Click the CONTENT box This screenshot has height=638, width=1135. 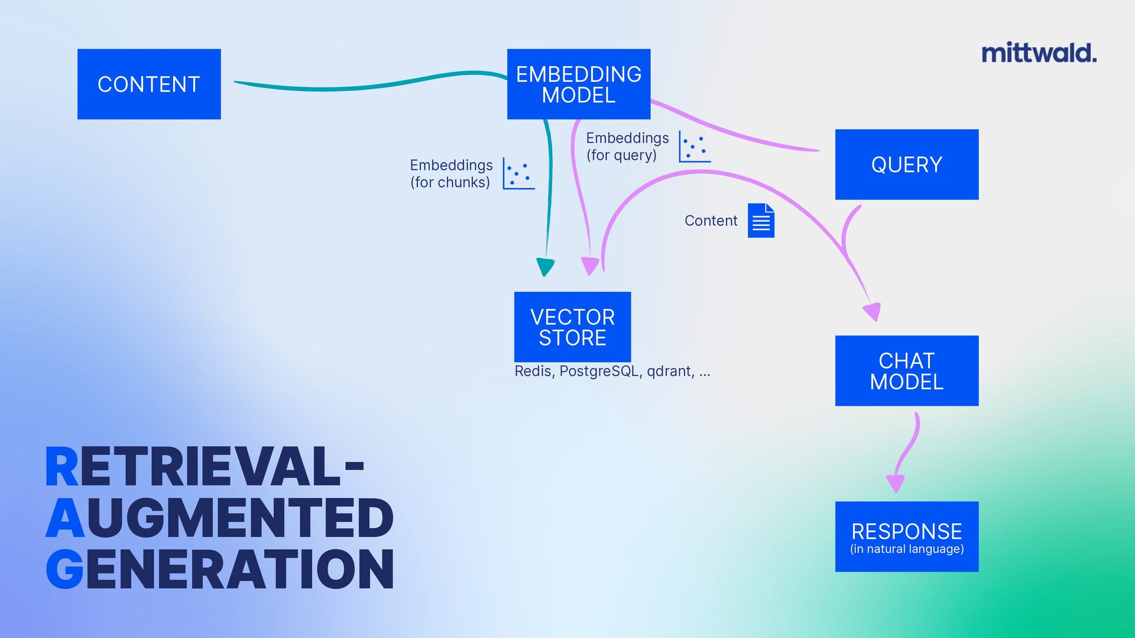coord(149,84)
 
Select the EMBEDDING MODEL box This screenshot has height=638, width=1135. coord(578,84)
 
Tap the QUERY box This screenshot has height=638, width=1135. coord(906,164)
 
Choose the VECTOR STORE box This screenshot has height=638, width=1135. coord(572,327)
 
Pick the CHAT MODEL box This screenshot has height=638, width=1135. coord(906,370)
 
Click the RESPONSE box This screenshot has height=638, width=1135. coord(906,536)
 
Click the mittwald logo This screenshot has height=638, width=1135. coord(1039,53)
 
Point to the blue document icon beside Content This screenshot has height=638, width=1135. coord(761,220)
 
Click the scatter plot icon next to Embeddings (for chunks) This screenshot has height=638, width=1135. coord(518,173)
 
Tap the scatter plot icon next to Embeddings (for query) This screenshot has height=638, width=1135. coord(695,146)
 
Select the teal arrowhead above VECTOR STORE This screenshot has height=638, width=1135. coord(545,266)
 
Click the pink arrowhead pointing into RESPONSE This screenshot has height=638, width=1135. coord(896,483)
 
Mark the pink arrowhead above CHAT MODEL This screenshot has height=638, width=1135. coord(873,311)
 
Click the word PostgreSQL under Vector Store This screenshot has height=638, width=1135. coord(599,372)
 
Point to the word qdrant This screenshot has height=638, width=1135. coord(669,372)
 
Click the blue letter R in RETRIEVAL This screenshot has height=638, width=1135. coord(61,467)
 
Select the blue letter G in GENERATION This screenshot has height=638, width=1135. coord(64,569)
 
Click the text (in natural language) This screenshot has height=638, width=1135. coord(907,549)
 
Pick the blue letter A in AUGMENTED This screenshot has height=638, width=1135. coord(65,518)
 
